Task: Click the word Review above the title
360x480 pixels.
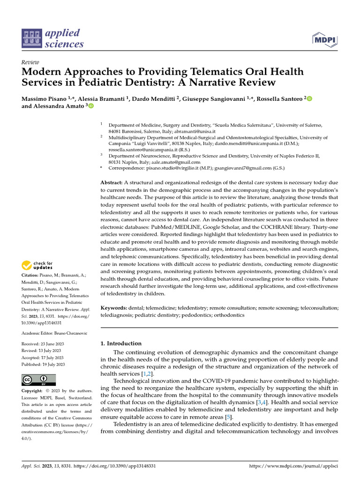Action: tap(30, 62)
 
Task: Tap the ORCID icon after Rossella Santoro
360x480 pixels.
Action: tap(309, 98)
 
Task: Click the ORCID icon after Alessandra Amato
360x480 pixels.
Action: tap(91, 106)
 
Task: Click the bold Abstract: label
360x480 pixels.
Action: tap(112, 182)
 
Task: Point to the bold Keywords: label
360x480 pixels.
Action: tap(114, 308)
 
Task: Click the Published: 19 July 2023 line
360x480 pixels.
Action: tap(43, 364)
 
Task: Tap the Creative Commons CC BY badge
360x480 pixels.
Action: tap(39, 380)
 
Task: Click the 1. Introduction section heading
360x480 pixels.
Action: tap(121, 343)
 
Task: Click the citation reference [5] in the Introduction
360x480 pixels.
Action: tap(228, 417)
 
